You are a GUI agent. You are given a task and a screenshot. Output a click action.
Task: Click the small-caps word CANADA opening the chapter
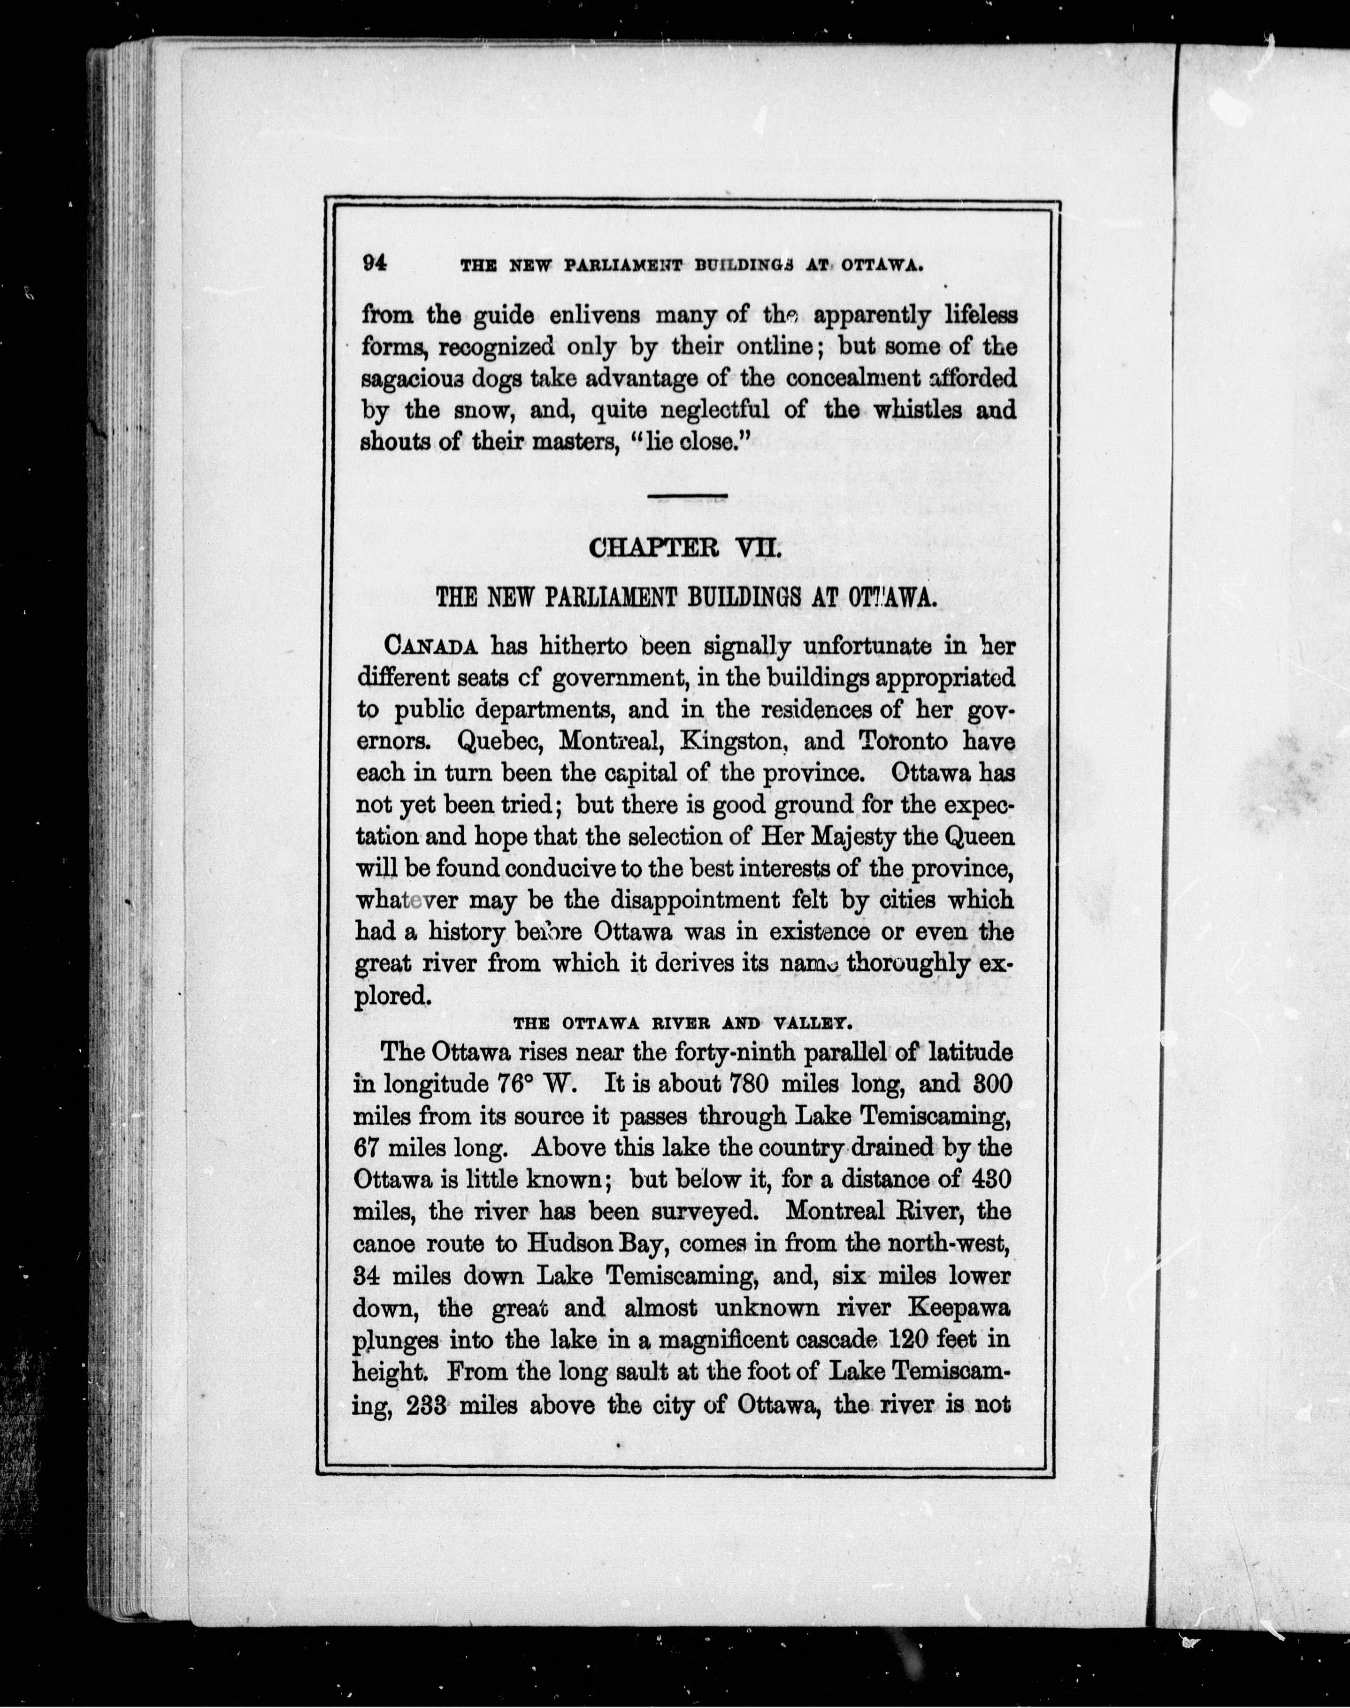tap(431, 646)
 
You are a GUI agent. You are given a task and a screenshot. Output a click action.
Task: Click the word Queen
tap(978, 837)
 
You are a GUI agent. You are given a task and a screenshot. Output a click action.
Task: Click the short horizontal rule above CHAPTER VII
tap(686, 496)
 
